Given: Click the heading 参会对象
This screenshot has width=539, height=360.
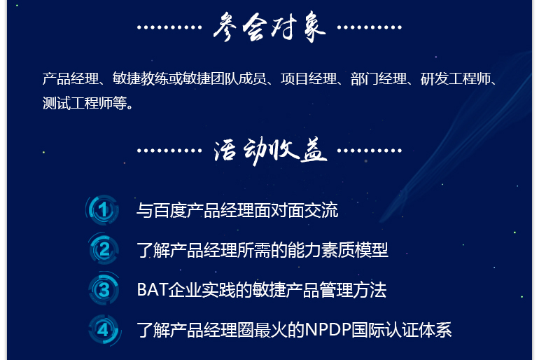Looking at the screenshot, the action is tap(269, 27).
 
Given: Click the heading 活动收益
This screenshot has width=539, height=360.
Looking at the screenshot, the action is tap(270, 151).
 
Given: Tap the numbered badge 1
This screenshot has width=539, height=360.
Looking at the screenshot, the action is tap(103, 209).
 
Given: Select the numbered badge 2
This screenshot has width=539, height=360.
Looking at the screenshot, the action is tap(104, 249).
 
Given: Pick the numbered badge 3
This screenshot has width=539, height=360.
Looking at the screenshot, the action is tap(104, 289).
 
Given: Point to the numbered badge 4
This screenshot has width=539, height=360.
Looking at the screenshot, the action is tap(104, 330).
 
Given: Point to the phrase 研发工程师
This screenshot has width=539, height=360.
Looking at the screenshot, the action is tap(455, 78).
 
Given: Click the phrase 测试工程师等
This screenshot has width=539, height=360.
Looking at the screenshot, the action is tap(85, 103).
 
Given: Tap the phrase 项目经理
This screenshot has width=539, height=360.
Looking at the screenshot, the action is tap(308, 78).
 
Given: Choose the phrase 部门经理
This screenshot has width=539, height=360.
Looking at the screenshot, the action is tap(379, 78).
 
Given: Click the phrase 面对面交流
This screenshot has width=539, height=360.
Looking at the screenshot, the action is tap(296, 210).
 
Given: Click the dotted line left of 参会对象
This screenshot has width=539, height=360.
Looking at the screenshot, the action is tap(169, 27).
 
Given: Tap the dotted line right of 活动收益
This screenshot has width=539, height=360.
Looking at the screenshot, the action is tap(370, 151).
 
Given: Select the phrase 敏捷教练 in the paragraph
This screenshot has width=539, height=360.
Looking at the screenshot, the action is tap(140, 78).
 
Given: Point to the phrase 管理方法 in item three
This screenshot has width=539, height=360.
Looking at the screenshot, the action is tap(353, 290).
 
